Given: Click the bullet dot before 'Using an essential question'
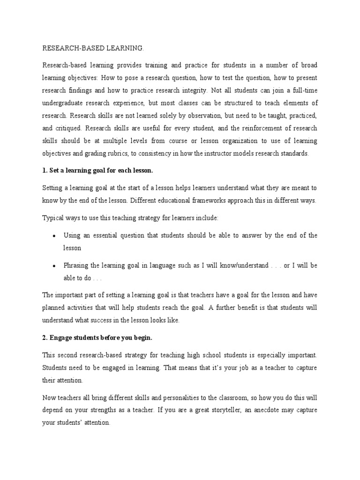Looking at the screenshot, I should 55,236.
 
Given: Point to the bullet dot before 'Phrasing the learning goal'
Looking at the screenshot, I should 55,266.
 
